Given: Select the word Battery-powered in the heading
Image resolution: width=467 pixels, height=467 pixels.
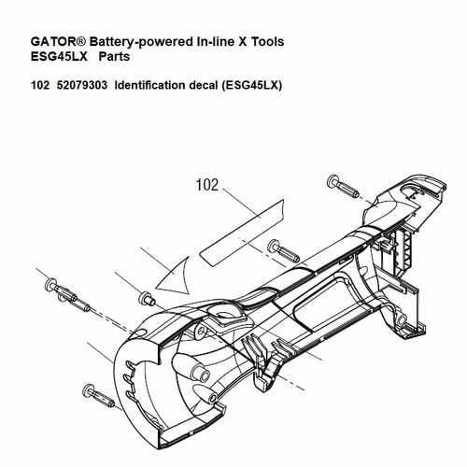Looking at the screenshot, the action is click(141, 42).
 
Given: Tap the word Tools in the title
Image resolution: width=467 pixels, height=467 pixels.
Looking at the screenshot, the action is click(267, 41).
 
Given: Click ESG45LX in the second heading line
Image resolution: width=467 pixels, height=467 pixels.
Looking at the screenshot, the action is click(59, 57).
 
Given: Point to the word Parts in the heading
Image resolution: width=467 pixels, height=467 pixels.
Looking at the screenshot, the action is click(114, 57).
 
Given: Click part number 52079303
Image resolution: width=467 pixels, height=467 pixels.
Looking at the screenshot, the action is click(82, 85).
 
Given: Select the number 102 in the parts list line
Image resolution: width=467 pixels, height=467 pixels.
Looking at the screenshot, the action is click(40, 85).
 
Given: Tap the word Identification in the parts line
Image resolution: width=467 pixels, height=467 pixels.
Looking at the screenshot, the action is click(150, 85).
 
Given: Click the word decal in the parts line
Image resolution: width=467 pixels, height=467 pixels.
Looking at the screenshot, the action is click(204, 85).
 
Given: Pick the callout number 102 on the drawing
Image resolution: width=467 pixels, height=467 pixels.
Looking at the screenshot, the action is click(207, 185).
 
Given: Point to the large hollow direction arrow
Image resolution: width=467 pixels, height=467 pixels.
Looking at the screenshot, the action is click(175, 276).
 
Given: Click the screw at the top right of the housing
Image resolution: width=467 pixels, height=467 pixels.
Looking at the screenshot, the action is click(343, 186).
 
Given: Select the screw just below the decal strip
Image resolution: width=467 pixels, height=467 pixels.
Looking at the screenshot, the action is click(283, 251).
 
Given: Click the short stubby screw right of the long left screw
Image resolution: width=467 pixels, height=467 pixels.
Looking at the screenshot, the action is click(147, 298).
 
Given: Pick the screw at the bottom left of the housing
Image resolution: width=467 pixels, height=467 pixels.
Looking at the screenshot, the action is click(98, 396).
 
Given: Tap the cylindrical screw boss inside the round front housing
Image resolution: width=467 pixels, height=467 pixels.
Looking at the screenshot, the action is click(200, 372).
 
